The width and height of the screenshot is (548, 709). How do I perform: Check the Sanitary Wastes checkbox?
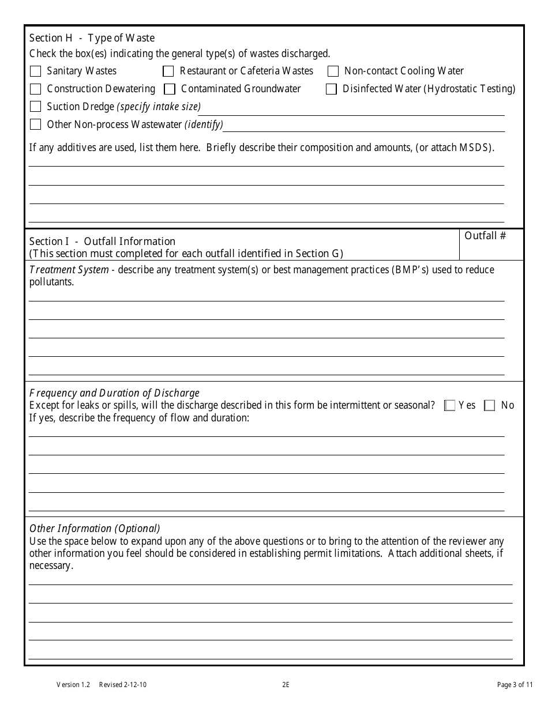(36, 71)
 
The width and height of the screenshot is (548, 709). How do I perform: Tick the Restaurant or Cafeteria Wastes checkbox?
(168, 71)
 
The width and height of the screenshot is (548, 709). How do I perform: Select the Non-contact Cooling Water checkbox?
(333, 71)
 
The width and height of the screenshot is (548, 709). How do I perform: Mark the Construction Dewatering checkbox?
(36, 89)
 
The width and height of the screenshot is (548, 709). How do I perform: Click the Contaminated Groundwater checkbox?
(170, 89)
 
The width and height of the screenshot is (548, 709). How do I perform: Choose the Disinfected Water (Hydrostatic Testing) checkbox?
(331, 89)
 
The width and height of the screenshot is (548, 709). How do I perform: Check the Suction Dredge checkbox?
(36, 107)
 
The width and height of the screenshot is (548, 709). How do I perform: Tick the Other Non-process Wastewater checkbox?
(36, 125)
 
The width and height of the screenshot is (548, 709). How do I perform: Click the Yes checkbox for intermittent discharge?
(450, 406)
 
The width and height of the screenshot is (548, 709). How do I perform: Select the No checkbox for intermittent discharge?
(490, 406)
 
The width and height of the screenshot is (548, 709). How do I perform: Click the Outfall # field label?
(485, 236)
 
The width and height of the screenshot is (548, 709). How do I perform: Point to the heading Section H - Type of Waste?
(92, 38)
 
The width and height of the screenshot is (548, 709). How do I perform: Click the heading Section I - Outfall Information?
(102, 242)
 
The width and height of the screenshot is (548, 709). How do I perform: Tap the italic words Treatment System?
(69, 270)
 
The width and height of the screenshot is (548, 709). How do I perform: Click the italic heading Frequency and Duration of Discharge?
(114, 393)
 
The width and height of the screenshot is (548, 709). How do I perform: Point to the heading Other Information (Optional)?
(95, 529)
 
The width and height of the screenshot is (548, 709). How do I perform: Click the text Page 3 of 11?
(515, 685)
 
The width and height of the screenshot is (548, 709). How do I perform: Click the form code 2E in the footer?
(286, 685)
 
